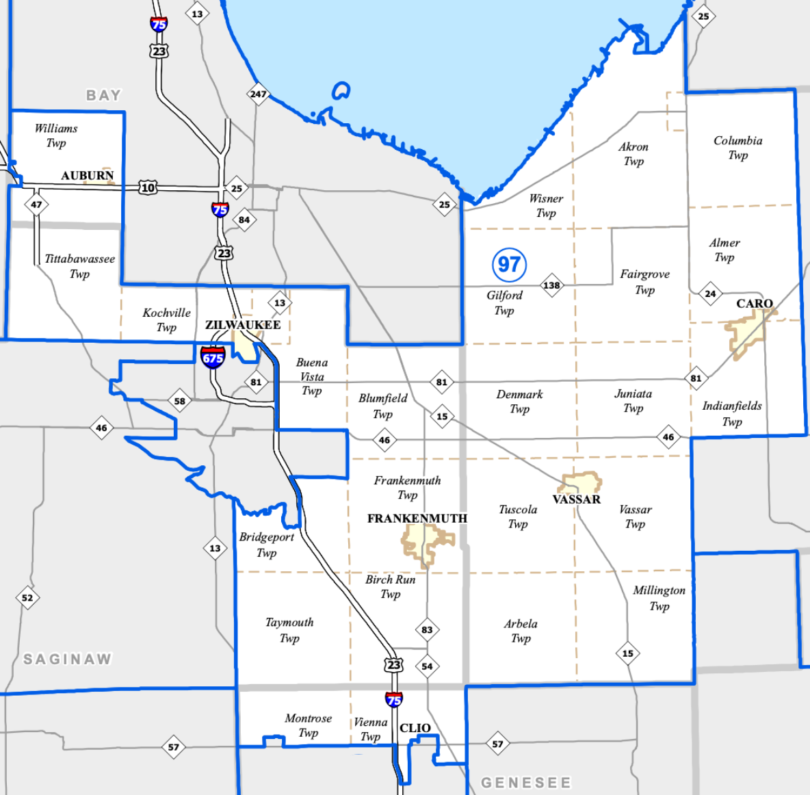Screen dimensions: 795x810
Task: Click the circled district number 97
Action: (509, 265)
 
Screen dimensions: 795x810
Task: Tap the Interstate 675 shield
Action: (213, 357)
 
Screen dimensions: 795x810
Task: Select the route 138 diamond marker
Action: (551, 285)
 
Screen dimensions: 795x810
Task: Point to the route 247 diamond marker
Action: (258, 94)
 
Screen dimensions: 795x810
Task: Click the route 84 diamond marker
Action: (244, 220)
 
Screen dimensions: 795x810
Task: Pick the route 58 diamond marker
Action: (179, 402)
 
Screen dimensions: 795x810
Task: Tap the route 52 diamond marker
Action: (27, 597)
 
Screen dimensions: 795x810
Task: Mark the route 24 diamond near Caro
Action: (711, 294)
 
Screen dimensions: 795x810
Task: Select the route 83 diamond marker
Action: (427, 629)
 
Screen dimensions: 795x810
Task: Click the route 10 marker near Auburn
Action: (148, 187)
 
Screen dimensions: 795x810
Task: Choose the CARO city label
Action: (755, 303)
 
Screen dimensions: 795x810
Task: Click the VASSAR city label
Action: (577, 499)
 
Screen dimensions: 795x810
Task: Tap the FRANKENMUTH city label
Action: (417, 519)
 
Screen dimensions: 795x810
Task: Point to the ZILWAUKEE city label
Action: (243, 325)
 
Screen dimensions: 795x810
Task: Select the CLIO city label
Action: (415, 728)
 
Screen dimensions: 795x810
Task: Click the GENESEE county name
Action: (525, 782)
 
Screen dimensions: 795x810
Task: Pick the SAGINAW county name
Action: (67, 660)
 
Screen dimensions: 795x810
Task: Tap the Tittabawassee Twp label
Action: (79, 266)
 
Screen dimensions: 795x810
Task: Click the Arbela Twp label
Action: (521, 631)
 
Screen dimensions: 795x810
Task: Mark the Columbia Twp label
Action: (737, 148)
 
